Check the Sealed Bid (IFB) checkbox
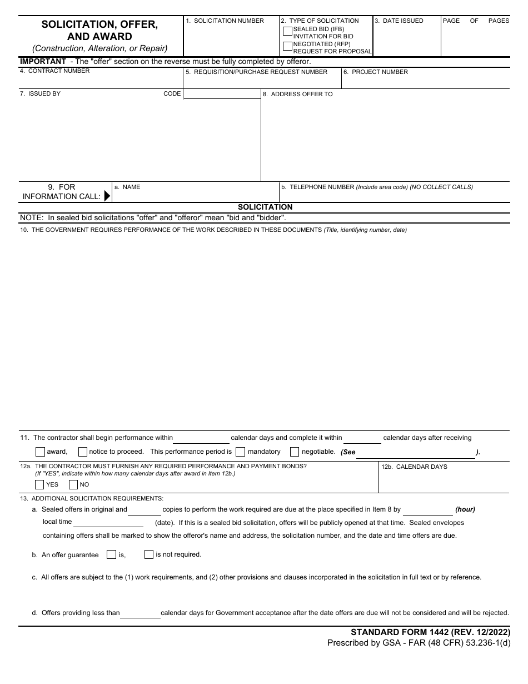287,31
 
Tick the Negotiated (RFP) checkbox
287,46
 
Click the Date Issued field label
399,21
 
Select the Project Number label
375,72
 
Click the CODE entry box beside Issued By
222,94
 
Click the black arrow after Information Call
107,192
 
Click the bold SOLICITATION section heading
265,207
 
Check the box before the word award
40,452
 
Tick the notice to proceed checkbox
83,452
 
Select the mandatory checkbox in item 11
241,452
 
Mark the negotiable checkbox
295,452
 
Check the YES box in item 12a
39,484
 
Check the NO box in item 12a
73,484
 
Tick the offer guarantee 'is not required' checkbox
149,554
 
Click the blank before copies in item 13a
145,510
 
